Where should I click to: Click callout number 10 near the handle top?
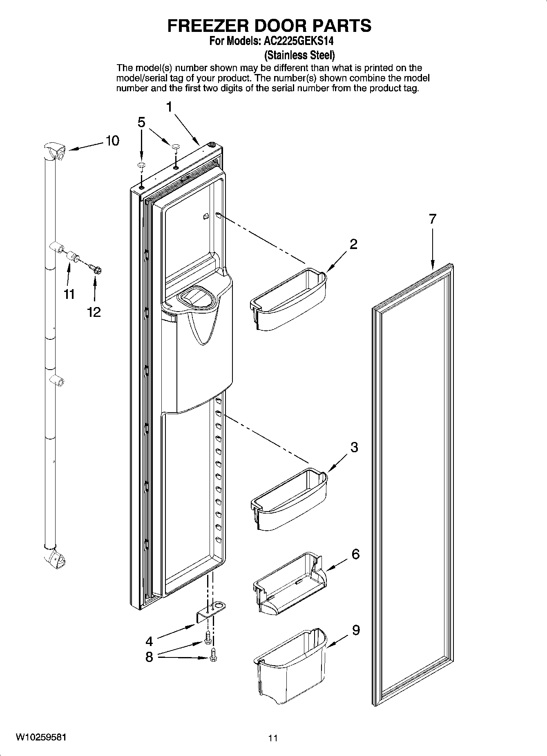click(x=112, y=141)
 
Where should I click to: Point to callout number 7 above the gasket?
click(x=433, y=219)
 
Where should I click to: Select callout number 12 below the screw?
click(x=94, y=312)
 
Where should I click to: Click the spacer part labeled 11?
click(x=74, y=258)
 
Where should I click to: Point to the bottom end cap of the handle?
click(x=55, y=559)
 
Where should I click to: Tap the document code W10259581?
click(x=40, y=737)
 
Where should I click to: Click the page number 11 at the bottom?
click(x=273, y=738)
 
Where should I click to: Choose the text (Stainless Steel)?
click(x=299, y=55)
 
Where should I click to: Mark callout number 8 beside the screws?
click(x=149, y=657)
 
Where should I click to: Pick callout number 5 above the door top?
click(x=141, y=122)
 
